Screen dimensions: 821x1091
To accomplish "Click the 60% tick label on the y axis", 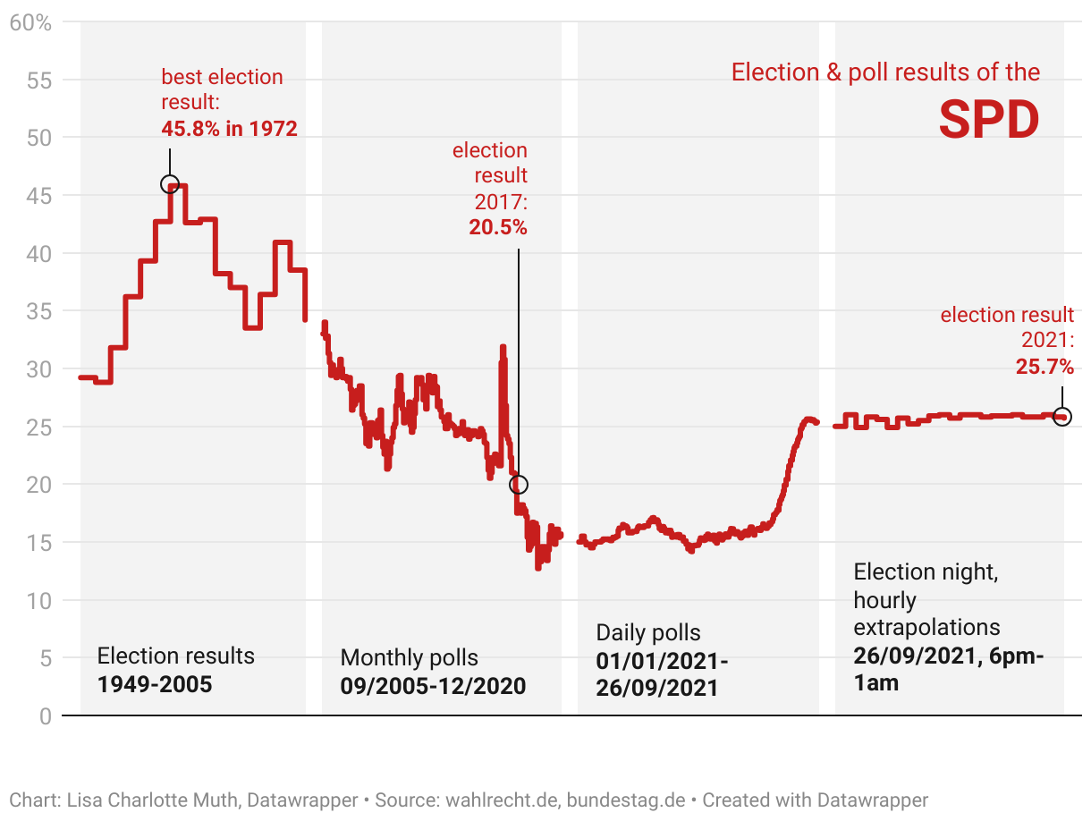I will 31,22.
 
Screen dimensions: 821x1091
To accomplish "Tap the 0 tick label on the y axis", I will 46,715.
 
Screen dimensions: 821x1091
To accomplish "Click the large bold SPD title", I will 989,120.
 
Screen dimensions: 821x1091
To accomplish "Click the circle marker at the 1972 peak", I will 170,184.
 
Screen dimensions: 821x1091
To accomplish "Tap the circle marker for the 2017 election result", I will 518,485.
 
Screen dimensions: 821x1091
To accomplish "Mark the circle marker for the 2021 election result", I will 1061,417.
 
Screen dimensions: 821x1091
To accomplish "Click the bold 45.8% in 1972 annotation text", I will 229,129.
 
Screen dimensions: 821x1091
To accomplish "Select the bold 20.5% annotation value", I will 498,227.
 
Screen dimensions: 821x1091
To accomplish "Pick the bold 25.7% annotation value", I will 1044,366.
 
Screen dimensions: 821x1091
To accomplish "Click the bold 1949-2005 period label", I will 155,686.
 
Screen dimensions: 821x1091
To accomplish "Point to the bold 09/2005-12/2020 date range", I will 433,687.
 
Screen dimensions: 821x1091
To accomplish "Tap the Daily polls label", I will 648,633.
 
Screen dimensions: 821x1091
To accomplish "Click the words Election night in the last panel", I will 926,571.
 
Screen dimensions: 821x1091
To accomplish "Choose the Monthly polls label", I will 409,658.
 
